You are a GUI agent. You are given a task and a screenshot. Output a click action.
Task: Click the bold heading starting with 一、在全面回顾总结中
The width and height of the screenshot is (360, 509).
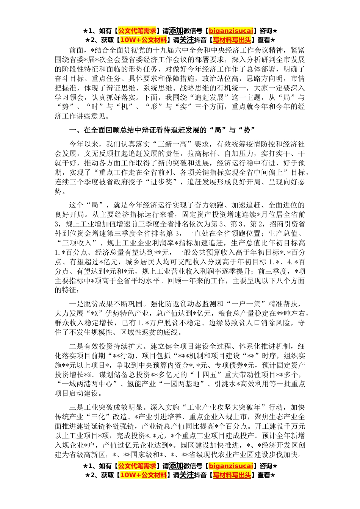[x=162, y=130]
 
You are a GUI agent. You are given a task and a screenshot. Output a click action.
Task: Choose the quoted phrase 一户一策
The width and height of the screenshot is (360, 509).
[x=239, y=304]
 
